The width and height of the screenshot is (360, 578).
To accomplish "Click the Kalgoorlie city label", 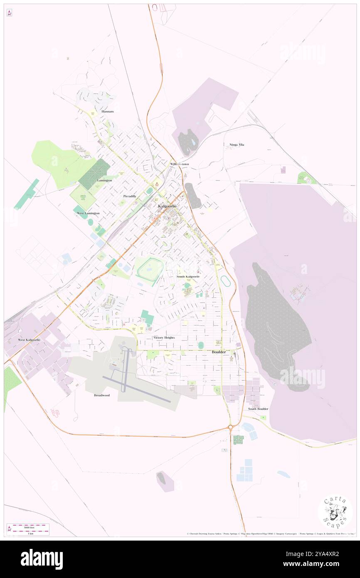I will [x=168, y=206].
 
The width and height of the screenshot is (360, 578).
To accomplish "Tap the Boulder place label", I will [x=219, y=352].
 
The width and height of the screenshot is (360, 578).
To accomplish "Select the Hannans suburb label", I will [x=107, y=112].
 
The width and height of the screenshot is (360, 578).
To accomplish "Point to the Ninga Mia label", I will [x=237, y=145].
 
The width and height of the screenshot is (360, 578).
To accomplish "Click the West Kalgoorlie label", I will [x=29, y=340].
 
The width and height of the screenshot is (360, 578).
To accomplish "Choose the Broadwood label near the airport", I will [x=102, y=395].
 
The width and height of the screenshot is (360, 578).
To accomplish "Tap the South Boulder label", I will [x=258, y=409].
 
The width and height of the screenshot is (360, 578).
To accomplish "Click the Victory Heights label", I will [x=164, y=337].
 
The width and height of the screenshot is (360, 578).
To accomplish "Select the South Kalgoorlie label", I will [x=188, y=276].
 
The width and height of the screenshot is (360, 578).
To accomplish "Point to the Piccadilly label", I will [x=130, y=196].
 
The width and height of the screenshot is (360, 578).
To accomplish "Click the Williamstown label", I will [x=179, y=164].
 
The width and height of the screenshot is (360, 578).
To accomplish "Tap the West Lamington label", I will [x=89, y=213].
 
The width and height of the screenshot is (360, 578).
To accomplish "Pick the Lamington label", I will [x=104, y=180].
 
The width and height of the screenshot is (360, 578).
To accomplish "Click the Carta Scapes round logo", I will [x=335, y=512].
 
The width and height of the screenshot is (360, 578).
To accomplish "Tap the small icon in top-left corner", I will [x=9, y=13].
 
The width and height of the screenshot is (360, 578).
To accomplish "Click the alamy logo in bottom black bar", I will [x=42, y=559].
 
